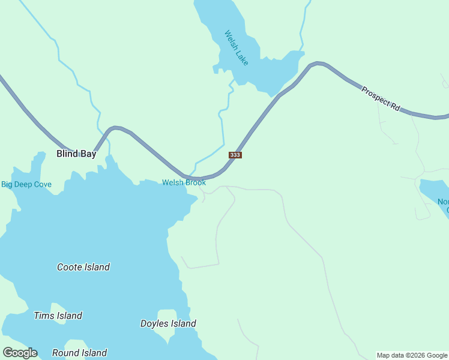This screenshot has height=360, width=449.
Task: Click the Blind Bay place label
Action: pos(76,154)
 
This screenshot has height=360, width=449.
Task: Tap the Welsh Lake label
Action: pos(236,48)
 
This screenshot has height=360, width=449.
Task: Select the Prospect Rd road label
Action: pos(381,98)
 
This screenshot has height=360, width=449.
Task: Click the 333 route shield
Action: pos(235,155)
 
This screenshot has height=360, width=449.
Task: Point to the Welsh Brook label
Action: pos(184,182)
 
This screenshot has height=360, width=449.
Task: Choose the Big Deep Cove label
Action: pos(26,184)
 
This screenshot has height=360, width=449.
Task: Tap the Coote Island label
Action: pos(83,267)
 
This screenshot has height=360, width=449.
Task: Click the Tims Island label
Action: pos(58,316)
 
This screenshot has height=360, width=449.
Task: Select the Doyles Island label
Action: pos(168,323)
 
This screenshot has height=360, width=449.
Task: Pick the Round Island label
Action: pos(79,353)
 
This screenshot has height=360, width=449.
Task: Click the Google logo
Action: pos(20,353)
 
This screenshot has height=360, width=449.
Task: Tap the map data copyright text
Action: pos(412,355)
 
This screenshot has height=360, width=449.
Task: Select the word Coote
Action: pos(70,267)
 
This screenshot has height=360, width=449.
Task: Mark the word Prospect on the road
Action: pos(375,95)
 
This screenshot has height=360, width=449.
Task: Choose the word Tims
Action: pos(44,316)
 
